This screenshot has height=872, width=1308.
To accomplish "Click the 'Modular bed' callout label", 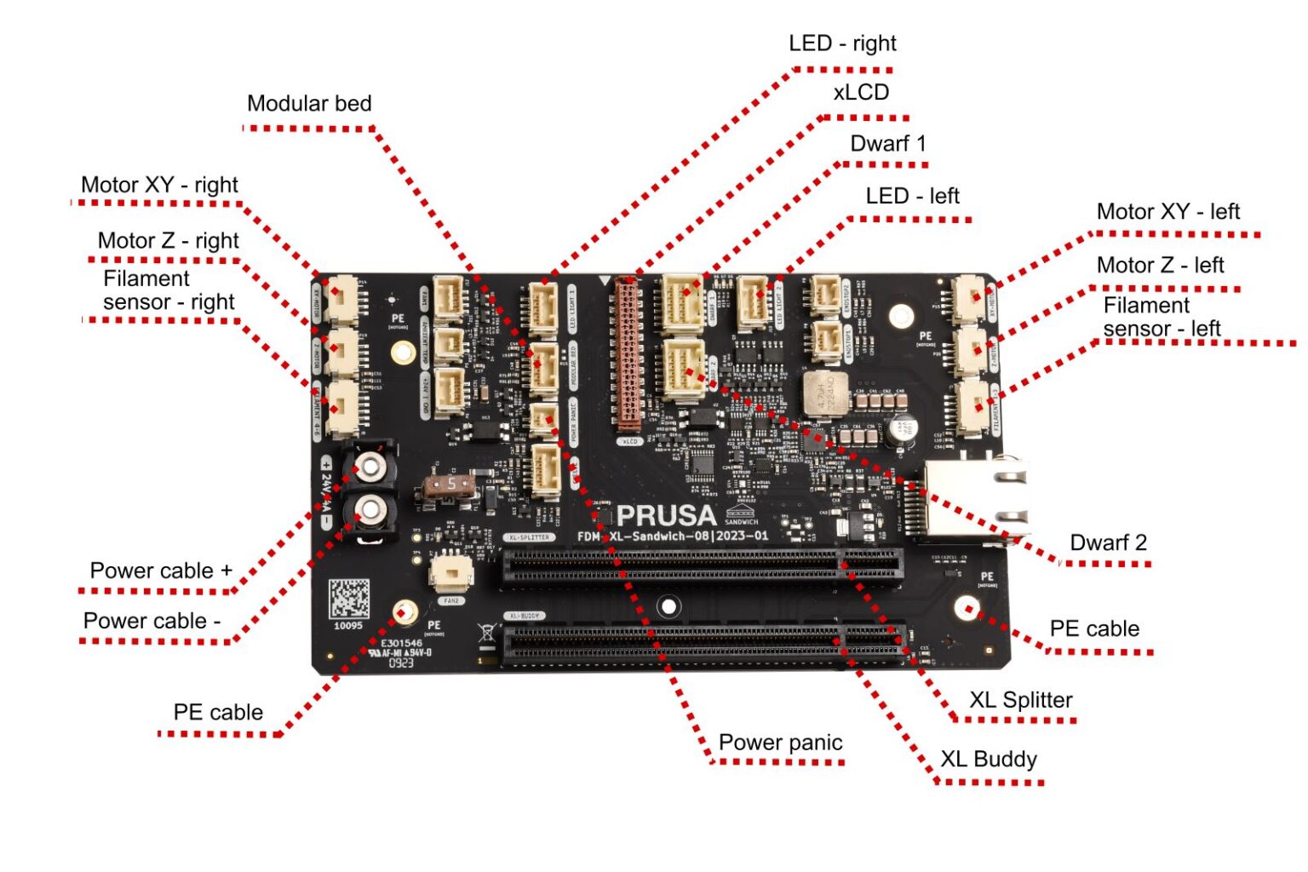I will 309,104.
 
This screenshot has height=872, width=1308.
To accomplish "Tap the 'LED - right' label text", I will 842,43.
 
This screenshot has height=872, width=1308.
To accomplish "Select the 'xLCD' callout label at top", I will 861,93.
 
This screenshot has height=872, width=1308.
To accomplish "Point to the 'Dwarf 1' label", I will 888,144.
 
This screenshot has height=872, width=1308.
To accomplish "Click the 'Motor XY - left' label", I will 1167,212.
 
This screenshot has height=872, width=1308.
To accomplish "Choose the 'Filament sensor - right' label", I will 169,290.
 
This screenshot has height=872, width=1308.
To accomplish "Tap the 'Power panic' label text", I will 780,743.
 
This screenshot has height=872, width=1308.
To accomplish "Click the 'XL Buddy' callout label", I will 988,760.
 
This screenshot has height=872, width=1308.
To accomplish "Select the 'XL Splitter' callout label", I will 1020,700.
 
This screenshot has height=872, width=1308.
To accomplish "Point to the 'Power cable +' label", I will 161,571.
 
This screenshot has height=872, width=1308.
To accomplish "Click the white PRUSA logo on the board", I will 666,516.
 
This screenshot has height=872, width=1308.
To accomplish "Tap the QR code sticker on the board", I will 349,599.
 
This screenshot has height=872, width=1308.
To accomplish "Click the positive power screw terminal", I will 370,466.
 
